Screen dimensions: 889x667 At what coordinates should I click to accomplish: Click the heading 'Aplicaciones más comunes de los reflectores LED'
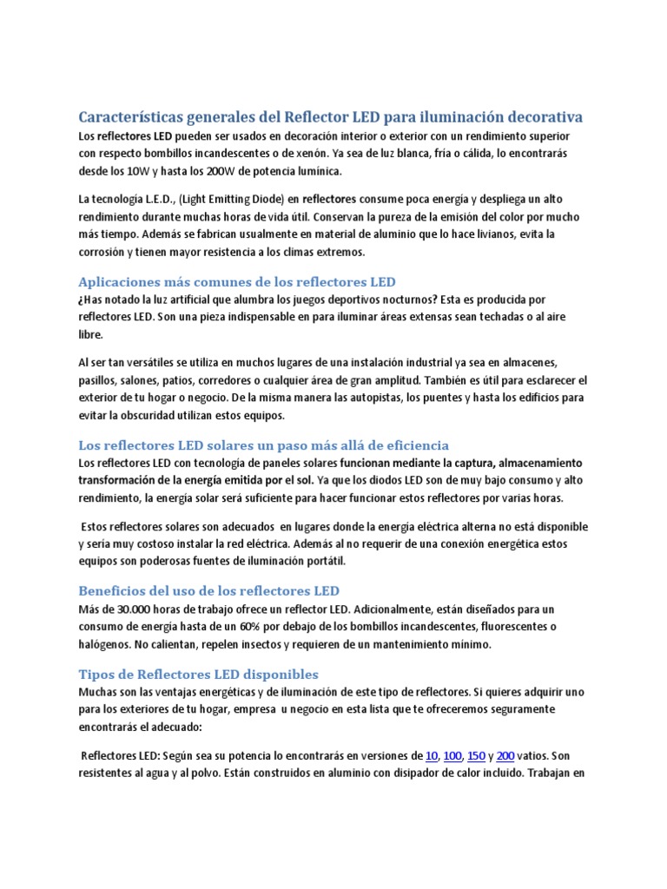[x=237, y=282]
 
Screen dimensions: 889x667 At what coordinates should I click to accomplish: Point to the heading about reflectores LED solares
[x=263, y=445]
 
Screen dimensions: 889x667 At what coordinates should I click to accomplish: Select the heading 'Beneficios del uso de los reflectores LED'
[x=209, y=591]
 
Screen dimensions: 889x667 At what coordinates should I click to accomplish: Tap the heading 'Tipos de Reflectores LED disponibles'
[x=199, y=674]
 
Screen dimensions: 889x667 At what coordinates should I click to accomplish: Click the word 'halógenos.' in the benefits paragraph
[x=108, y=644]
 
